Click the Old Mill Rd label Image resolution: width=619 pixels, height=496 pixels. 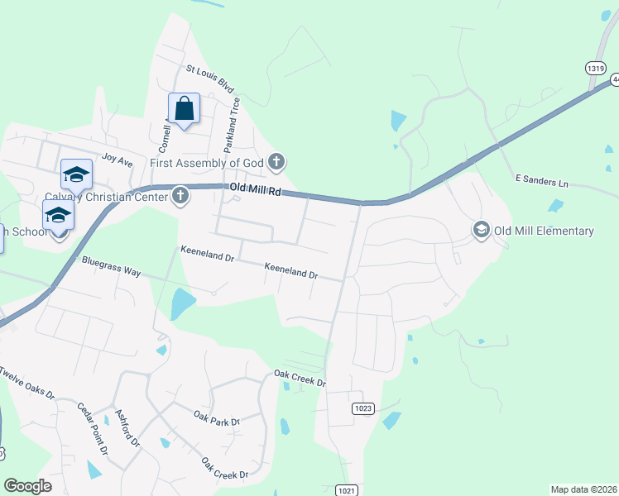coord(256,191)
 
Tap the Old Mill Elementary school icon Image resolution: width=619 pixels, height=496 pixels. coord(481,229)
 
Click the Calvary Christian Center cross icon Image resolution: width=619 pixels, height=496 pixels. coord(180,196)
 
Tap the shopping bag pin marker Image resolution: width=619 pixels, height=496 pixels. coord(184,109)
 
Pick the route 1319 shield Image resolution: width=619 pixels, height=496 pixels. coord(595,68)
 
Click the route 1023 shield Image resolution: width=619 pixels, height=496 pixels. coord(363,408)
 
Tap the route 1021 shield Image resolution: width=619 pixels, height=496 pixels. coord(348,489)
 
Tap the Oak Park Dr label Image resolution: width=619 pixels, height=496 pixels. coord(217,417)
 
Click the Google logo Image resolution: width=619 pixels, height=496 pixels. coord(27,486)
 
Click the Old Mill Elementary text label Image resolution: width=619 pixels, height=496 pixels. coord(544,231)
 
